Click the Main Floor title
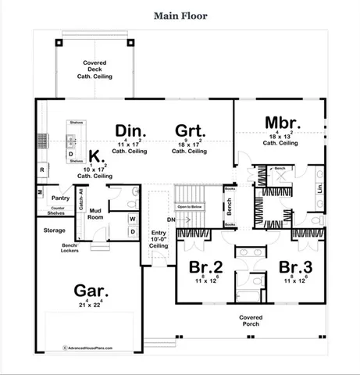[180, 15]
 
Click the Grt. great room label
[189, 130]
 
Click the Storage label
[54, 230]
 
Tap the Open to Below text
[190, 206]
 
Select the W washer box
[132, 219]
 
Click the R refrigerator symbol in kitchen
[41, 169]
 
